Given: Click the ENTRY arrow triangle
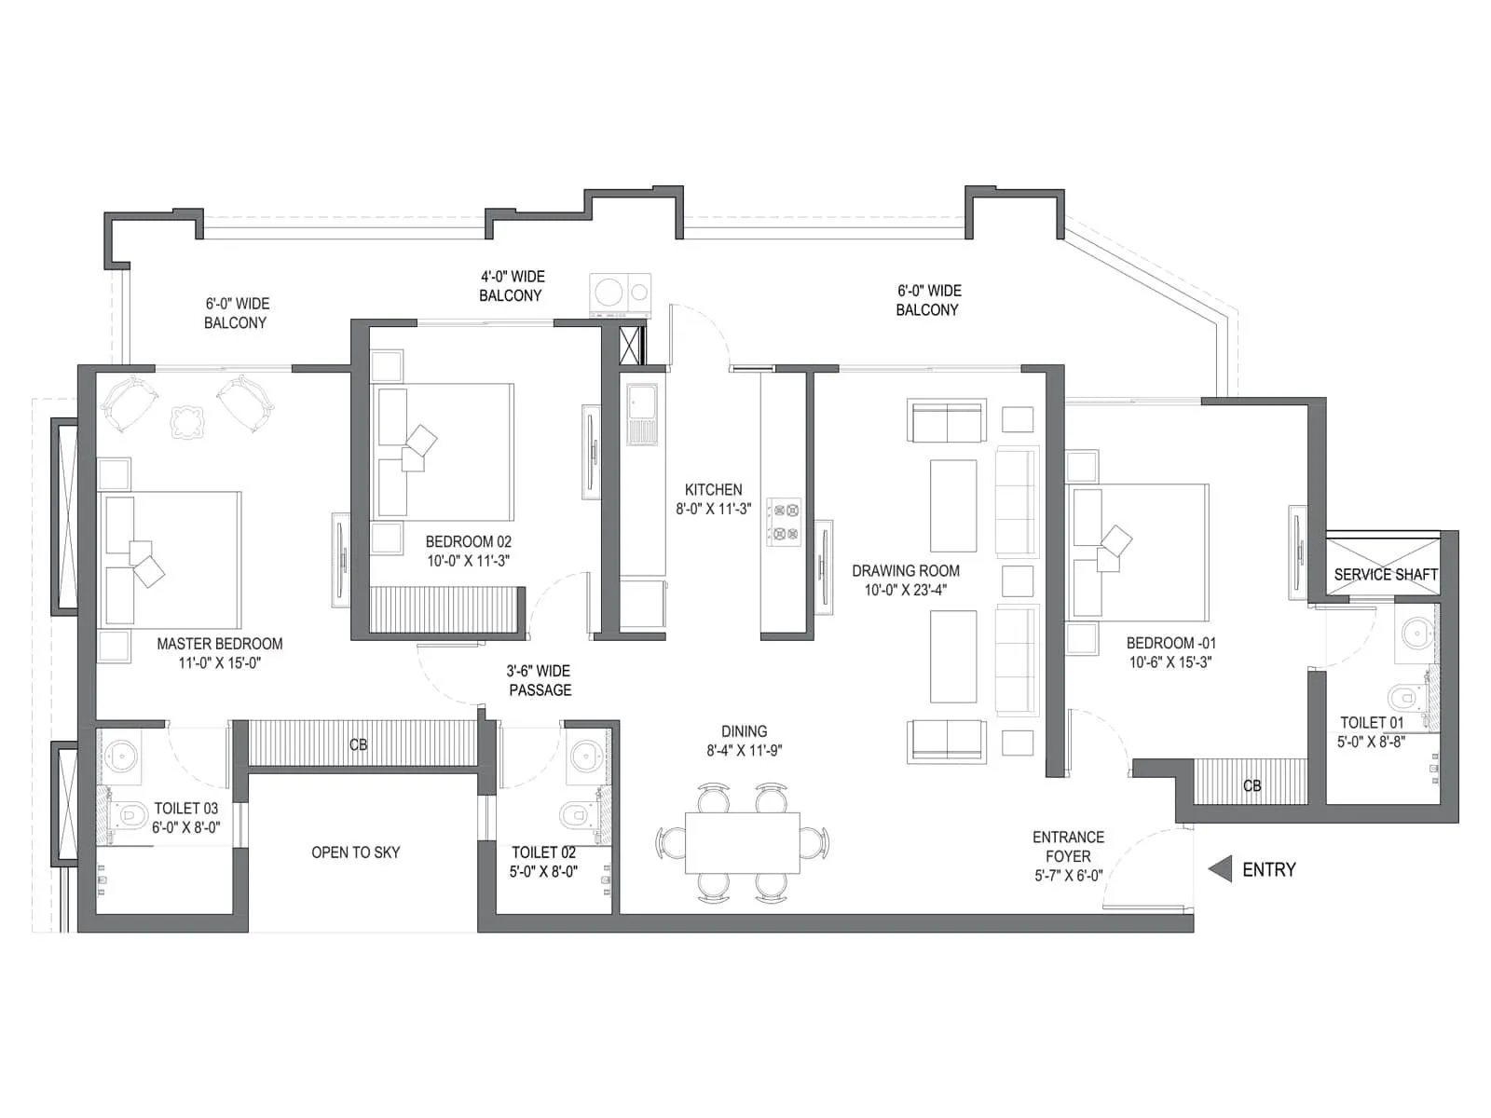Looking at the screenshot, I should click(x=1220, y=869).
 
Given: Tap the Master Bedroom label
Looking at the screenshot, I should click(x=220, y=644).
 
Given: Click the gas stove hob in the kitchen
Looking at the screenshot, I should click(x=784, y=522).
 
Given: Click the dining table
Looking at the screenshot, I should click(x=742, y=842).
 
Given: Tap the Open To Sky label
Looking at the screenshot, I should click(x=355, y=852).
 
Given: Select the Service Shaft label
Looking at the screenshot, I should click(x=1385, y=575).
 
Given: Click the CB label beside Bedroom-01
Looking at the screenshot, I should click(x=1252, y=786).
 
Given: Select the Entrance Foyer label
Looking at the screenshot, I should click(x=1068, y=846).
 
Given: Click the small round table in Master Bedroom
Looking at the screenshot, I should click(x=187, y=421).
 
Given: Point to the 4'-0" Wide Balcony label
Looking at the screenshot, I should click(x=512, y=286).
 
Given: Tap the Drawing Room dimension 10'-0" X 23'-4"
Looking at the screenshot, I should click(x=905, y=590).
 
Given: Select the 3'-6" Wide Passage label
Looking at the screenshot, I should click(x=539, y=680).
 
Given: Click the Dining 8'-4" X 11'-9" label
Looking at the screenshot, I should click(x=744, y=741).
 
